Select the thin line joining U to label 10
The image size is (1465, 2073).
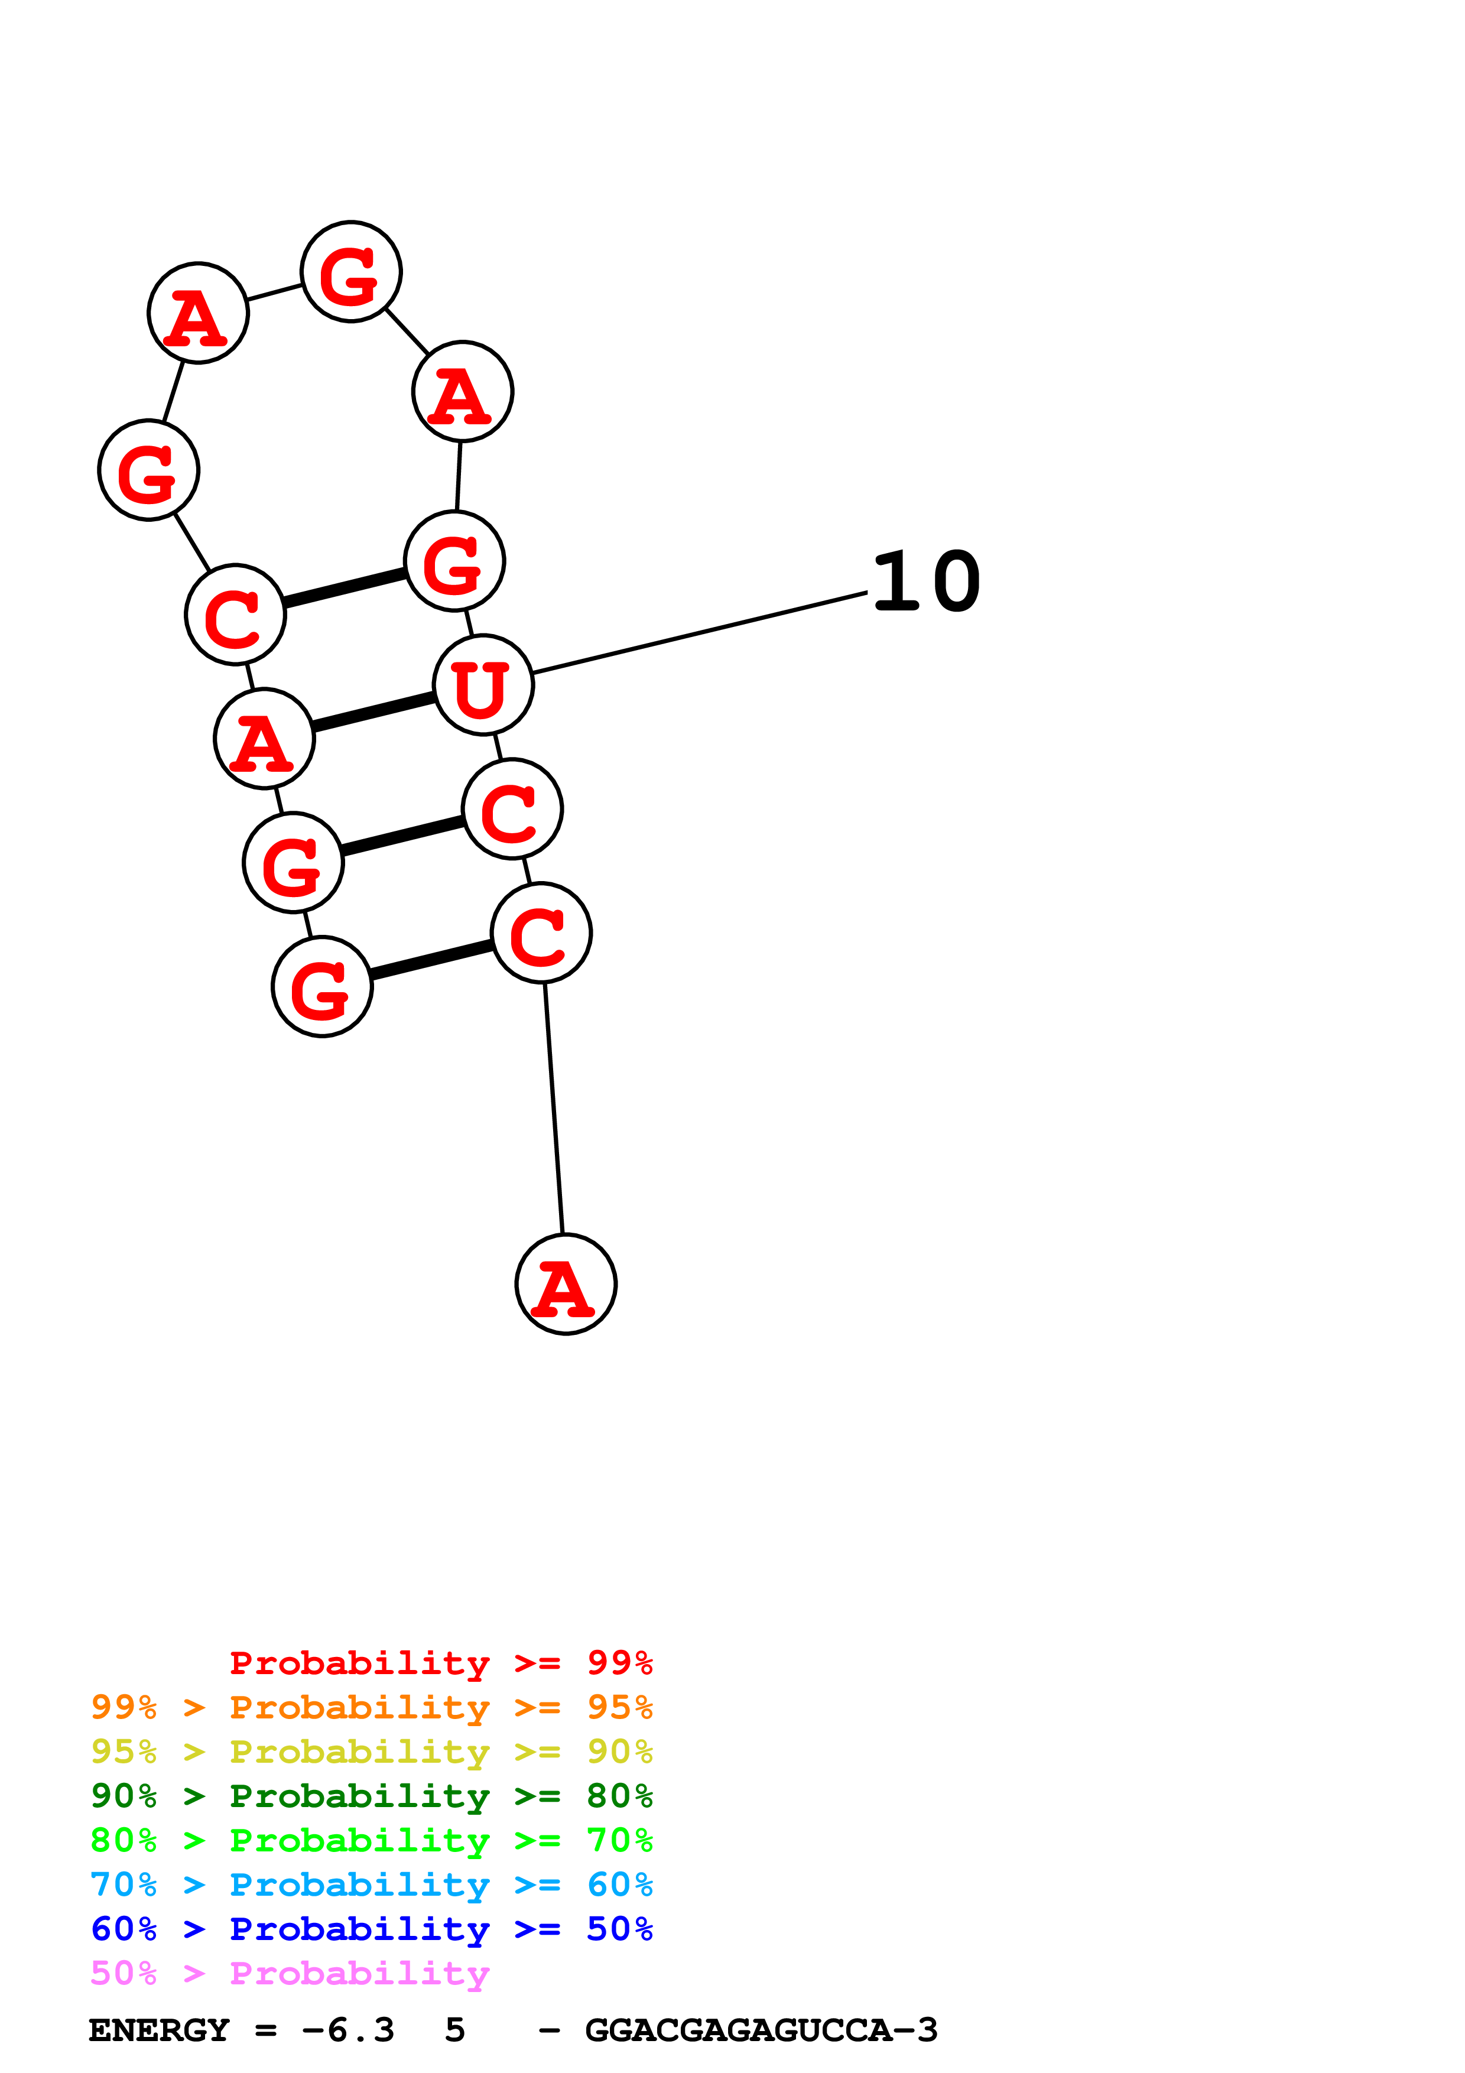click(700, 633)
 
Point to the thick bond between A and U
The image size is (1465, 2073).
click(373, 711)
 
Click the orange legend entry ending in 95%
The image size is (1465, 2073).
click(371, 1707)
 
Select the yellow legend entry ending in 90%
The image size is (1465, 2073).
click(371, 1752)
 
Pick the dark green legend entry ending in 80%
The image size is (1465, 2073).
click(371, 1796)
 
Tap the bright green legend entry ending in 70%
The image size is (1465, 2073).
click(371, 1840)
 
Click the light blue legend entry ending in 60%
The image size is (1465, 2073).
click(371, 1884)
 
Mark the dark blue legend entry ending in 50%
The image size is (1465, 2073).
click(371, 1929)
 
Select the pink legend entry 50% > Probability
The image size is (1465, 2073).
click(289, 1973)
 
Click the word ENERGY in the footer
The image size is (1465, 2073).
click(159, 2030)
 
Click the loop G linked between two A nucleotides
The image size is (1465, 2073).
click(350, 272)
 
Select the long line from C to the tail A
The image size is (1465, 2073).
click(553, 1109)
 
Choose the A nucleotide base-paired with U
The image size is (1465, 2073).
click(264, 739)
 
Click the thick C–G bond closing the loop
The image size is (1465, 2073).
click(344, 588)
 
